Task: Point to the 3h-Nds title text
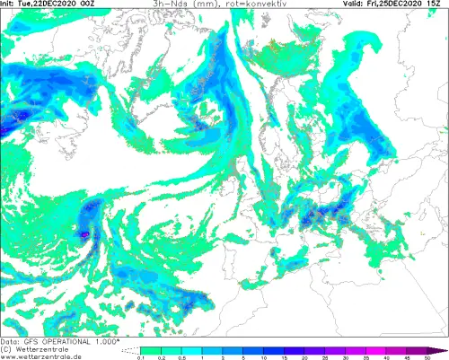click(169, 4)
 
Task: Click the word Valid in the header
click(353, 4)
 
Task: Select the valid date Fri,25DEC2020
click(399, 4)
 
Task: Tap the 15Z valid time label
click(439, 4)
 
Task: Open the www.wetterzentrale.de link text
click(45, 356)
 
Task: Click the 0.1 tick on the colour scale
click(141, 357)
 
